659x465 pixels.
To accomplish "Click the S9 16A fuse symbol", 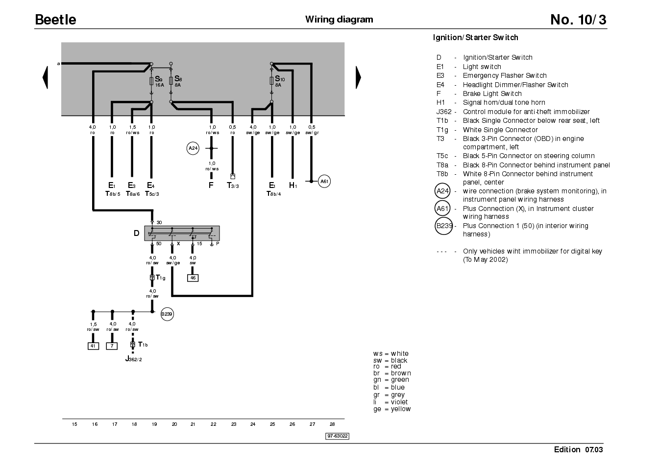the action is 151,81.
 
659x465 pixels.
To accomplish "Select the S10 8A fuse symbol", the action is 271,81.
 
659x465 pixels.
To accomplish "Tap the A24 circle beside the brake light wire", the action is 193,148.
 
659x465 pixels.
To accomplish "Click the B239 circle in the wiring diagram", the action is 167,314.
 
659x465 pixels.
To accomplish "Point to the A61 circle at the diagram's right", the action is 324,182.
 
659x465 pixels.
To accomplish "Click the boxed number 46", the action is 193,278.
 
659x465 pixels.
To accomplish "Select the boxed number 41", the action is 93,346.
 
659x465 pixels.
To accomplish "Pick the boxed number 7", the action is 112,346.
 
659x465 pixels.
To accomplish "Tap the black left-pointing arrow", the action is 45,77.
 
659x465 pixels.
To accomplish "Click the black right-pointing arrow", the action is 358,77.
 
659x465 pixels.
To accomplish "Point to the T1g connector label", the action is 161,278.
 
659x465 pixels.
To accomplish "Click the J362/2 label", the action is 134,359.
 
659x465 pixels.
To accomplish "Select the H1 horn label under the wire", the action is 293,185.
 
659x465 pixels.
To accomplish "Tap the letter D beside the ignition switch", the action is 137,233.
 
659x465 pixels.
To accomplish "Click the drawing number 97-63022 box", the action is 338,436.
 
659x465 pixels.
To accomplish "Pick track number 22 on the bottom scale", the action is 214,424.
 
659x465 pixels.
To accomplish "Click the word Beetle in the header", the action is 55,20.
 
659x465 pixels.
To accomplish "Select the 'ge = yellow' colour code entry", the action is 392,409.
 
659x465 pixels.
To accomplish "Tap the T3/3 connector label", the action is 233,186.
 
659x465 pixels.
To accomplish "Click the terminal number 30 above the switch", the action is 159,223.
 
